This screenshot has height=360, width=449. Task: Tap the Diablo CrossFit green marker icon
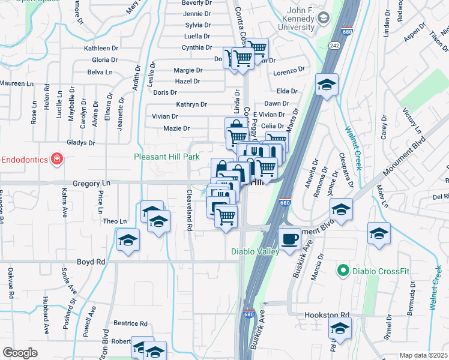click(x=343, y=271)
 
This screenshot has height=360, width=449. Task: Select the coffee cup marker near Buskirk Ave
click(x=291, y=238)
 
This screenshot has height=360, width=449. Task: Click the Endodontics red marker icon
click(x=56, y=158)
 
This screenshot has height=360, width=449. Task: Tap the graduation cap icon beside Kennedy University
click(x=324, y=18)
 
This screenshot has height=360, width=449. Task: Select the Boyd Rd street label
click(x=91, y=262)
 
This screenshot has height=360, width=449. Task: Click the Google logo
click(x=20, y=353)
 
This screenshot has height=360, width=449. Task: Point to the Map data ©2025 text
click(x=423, y=355)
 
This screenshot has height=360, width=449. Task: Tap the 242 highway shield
click(x=334, y=46)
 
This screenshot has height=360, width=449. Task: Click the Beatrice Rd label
click(x=130, y=323)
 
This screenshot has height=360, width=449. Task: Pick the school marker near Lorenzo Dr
click(x=327, y=85)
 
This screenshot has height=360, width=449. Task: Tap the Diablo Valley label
click(x=255, y=252)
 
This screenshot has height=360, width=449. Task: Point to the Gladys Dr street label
click(x=77, y=142)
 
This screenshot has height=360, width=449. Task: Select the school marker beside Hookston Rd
click(x=339, y=329)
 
